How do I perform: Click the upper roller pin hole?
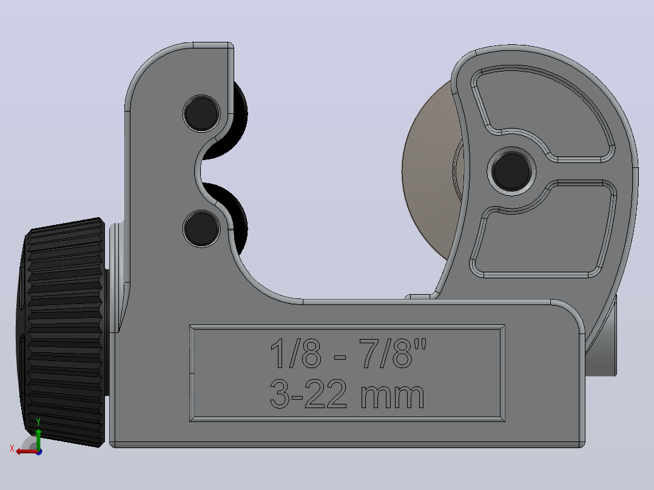201,113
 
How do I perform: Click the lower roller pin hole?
201,229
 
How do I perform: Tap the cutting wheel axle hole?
511,171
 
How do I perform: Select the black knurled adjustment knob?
62,332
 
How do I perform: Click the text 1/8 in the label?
295,354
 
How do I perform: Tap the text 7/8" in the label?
393,354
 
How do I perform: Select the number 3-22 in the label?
308,394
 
